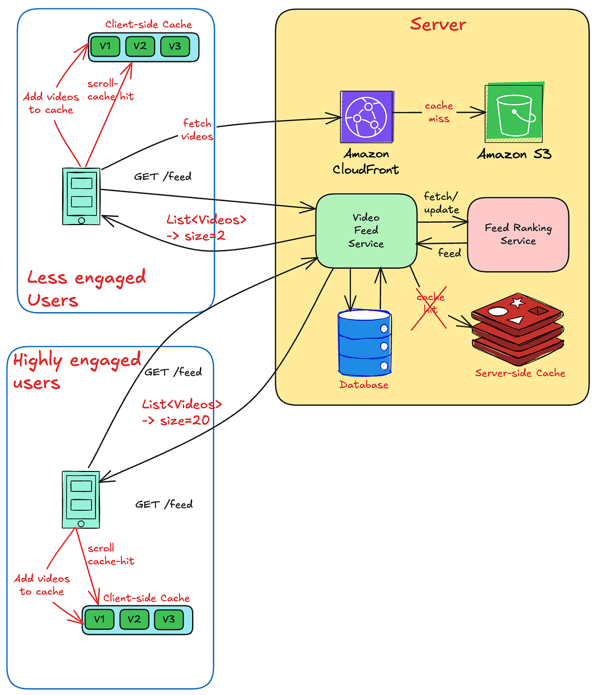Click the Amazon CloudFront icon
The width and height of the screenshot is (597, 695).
367,116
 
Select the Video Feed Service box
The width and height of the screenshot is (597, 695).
366,231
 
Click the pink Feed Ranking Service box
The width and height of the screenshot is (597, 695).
518,234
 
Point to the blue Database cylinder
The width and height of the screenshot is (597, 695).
365,344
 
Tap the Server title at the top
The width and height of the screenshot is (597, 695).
438,24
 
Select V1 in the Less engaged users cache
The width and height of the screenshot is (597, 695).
105,46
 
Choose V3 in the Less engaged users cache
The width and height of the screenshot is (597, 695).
175,46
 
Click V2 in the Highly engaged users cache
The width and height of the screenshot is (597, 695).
134,619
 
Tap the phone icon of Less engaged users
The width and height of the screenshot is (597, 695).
81,196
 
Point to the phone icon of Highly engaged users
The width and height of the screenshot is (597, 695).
81,499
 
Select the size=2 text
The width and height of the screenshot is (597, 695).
204,236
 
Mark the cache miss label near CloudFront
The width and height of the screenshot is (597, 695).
439,112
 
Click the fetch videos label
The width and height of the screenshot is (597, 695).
197,129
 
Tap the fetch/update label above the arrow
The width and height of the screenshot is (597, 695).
441,203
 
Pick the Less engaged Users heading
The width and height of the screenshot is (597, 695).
86,289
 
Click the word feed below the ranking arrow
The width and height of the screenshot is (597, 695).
449,253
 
